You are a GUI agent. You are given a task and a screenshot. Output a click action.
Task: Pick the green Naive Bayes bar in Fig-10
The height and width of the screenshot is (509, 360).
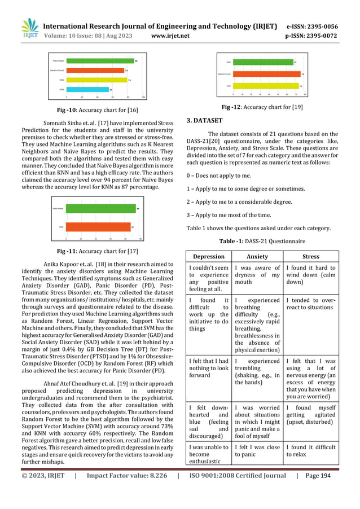pos(99,60)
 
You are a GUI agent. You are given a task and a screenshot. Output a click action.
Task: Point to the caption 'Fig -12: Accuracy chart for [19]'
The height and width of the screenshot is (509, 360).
pos(262,107)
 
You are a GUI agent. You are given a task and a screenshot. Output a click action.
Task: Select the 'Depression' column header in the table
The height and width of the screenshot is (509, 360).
pos(209,256)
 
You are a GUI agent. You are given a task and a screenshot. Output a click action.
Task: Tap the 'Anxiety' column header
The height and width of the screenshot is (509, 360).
pos(257,256)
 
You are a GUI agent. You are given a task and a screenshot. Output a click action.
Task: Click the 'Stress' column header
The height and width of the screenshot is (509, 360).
pos(310,256)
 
